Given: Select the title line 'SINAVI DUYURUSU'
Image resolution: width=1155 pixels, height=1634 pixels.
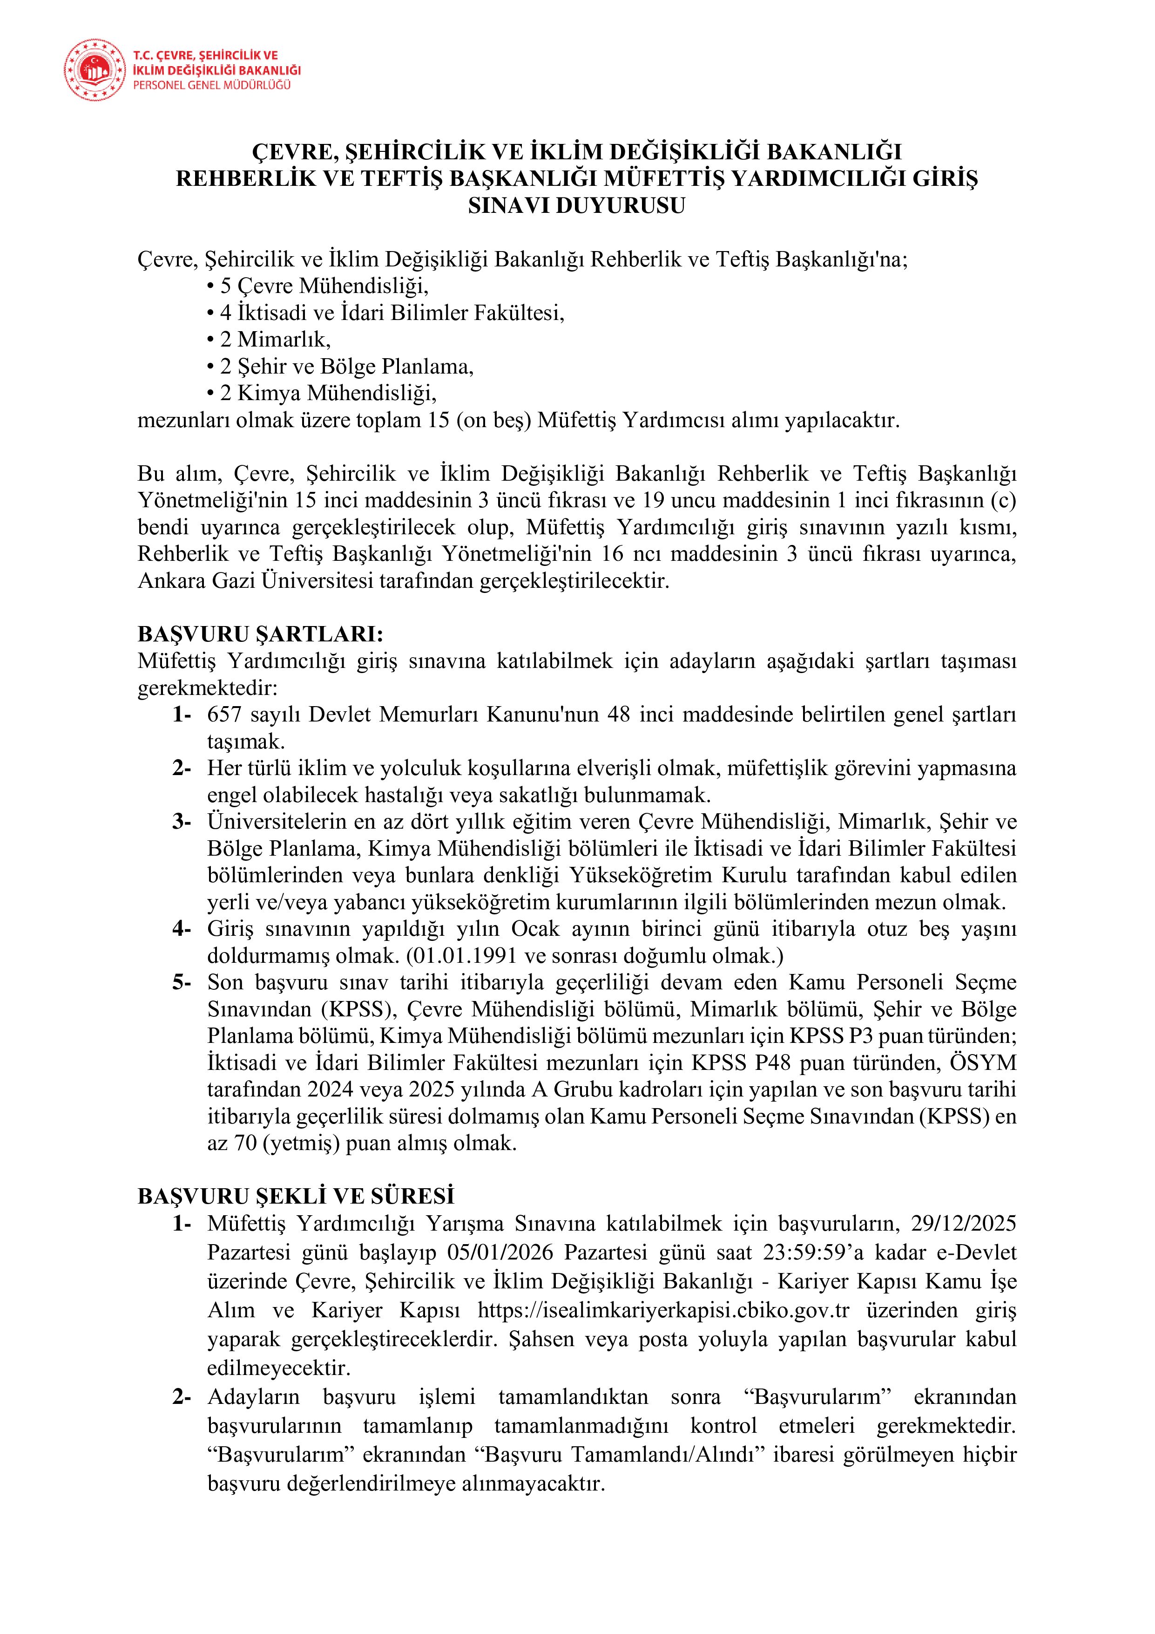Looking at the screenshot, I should pyautogui.click(x=577, y=206).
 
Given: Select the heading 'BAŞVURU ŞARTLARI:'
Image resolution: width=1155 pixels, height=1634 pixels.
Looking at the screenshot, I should pyautogui.click(x=260, y=634).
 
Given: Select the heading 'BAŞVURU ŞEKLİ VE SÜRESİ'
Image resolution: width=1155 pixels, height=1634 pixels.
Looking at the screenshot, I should pyautogui.click(x=296, y=1196).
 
